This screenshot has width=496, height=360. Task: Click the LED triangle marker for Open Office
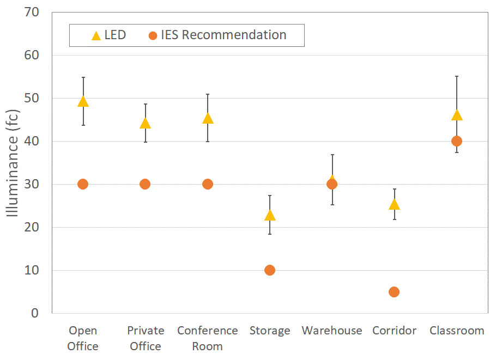coord(83,101)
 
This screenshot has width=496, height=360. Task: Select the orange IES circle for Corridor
coord(394,292)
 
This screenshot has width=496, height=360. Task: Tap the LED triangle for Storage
coord(270,216)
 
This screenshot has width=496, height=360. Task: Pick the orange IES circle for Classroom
coord(457,141)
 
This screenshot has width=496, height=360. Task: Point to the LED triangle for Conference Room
coord(208,119)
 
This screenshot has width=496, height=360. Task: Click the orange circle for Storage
coord(270,270)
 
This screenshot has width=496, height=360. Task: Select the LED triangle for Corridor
coord(394,205)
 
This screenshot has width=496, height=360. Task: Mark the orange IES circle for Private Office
coord(145,184)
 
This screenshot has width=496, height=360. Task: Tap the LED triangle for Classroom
coord(457,115)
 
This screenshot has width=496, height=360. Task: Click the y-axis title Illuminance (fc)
coord(13,162)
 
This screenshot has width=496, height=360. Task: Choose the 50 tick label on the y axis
coord(32,98)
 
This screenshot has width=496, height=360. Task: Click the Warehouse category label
coord(332,331)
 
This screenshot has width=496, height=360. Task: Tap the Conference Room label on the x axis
coord(208,338)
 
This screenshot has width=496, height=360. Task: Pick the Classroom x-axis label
coord(457,331)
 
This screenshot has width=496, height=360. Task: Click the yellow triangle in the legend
coord(96,36)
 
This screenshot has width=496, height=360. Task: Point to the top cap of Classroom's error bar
coord(457,76)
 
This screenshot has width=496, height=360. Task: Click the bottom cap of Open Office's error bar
coord(83,125)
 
